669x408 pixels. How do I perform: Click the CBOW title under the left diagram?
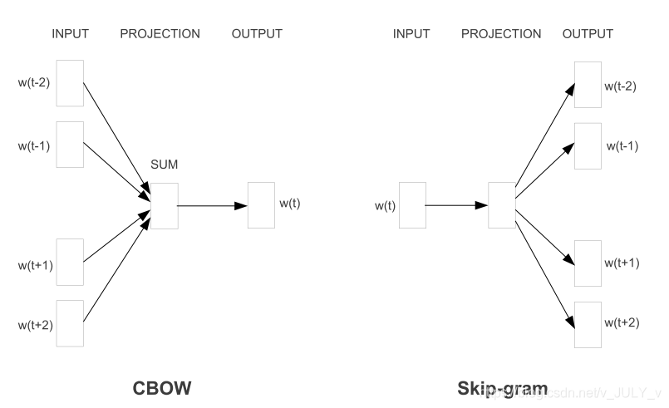click(164, 388)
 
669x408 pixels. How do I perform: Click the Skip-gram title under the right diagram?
click(502, 388)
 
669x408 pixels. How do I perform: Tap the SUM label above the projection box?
click(164, 165)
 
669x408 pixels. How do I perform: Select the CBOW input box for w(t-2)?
click(70, 83)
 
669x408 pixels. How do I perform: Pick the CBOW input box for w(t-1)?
click(70, 145)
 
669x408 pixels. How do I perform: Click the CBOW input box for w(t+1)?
click(70, 262)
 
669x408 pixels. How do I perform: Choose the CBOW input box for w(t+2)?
click(70, 323)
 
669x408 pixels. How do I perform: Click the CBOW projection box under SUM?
click(164, 204)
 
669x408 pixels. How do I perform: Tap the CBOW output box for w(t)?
click(261, 204)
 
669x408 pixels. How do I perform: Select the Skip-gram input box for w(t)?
click(412, 204)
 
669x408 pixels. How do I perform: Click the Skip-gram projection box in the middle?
click(502, 204)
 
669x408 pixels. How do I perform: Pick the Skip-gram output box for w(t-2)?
click(587, 84)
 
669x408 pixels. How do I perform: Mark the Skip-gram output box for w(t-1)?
click(587, 145)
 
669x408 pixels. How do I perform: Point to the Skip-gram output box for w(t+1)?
click(587, 263)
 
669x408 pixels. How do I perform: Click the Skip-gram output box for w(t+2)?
click(587, 324)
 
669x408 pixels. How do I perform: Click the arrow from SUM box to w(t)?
click(212, 204)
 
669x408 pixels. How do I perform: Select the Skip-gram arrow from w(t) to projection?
click(456, 204)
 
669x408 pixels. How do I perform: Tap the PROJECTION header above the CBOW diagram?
click(160, 34)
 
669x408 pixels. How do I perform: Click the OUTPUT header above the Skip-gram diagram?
click(588, 34)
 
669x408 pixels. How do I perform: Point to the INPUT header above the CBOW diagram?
click(70, 34)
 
